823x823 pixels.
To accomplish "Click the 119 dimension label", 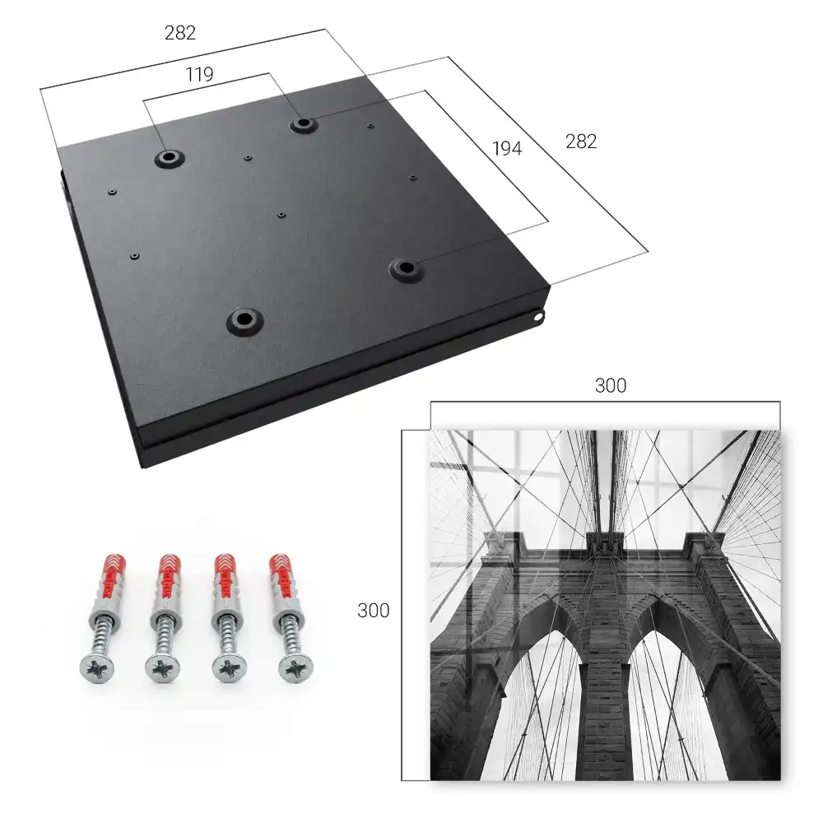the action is click(199, 75).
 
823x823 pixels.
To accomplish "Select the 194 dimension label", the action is click(507, 149).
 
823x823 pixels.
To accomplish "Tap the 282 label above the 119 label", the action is click(180, 33).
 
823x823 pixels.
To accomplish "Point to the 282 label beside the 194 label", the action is click(581, 142).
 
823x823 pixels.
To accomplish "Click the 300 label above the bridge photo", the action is click(611, 386).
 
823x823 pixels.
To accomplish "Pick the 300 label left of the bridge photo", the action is click(373, 611).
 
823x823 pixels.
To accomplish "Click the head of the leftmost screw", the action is click(97, 668).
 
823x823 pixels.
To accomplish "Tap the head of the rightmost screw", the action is click(295, 668).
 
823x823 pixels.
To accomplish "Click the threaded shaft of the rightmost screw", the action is click(289, 636).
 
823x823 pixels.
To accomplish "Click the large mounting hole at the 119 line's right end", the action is click(302, 124).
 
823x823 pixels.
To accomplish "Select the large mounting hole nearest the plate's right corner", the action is click(405, 269).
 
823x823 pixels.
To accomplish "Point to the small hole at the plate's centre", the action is click(281, 215).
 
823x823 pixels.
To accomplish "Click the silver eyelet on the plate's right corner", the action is click(538, 317).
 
